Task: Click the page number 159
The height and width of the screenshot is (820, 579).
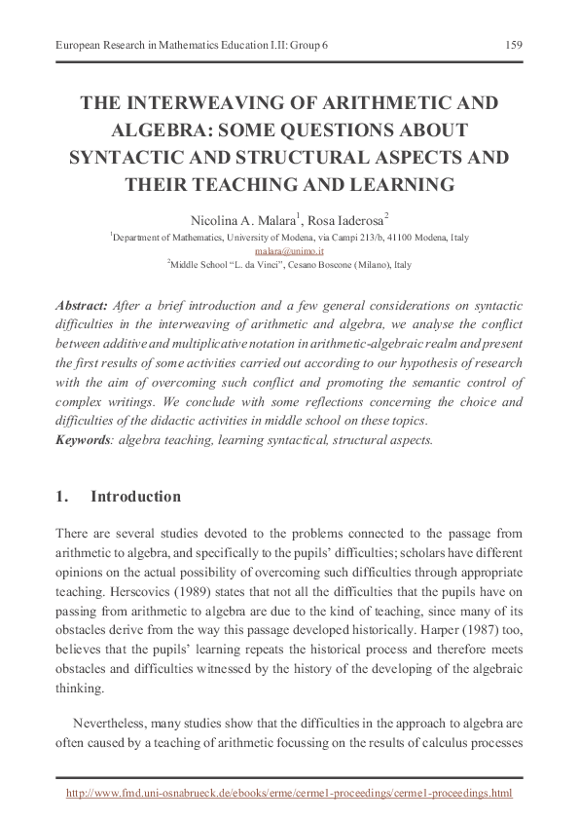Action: point(514,45)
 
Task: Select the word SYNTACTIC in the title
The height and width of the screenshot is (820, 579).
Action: point(124,157)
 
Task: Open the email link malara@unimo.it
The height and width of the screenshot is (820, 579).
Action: point(288,250)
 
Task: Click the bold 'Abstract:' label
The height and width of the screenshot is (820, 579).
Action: point(83,305)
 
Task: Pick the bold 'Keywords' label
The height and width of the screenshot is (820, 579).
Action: point(82,439)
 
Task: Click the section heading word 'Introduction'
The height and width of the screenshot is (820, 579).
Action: point(135,497)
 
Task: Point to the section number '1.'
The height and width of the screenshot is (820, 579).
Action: point(63,497)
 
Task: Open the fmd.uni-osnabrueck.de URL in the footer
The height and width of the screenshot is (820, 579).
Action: point(288,794)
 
